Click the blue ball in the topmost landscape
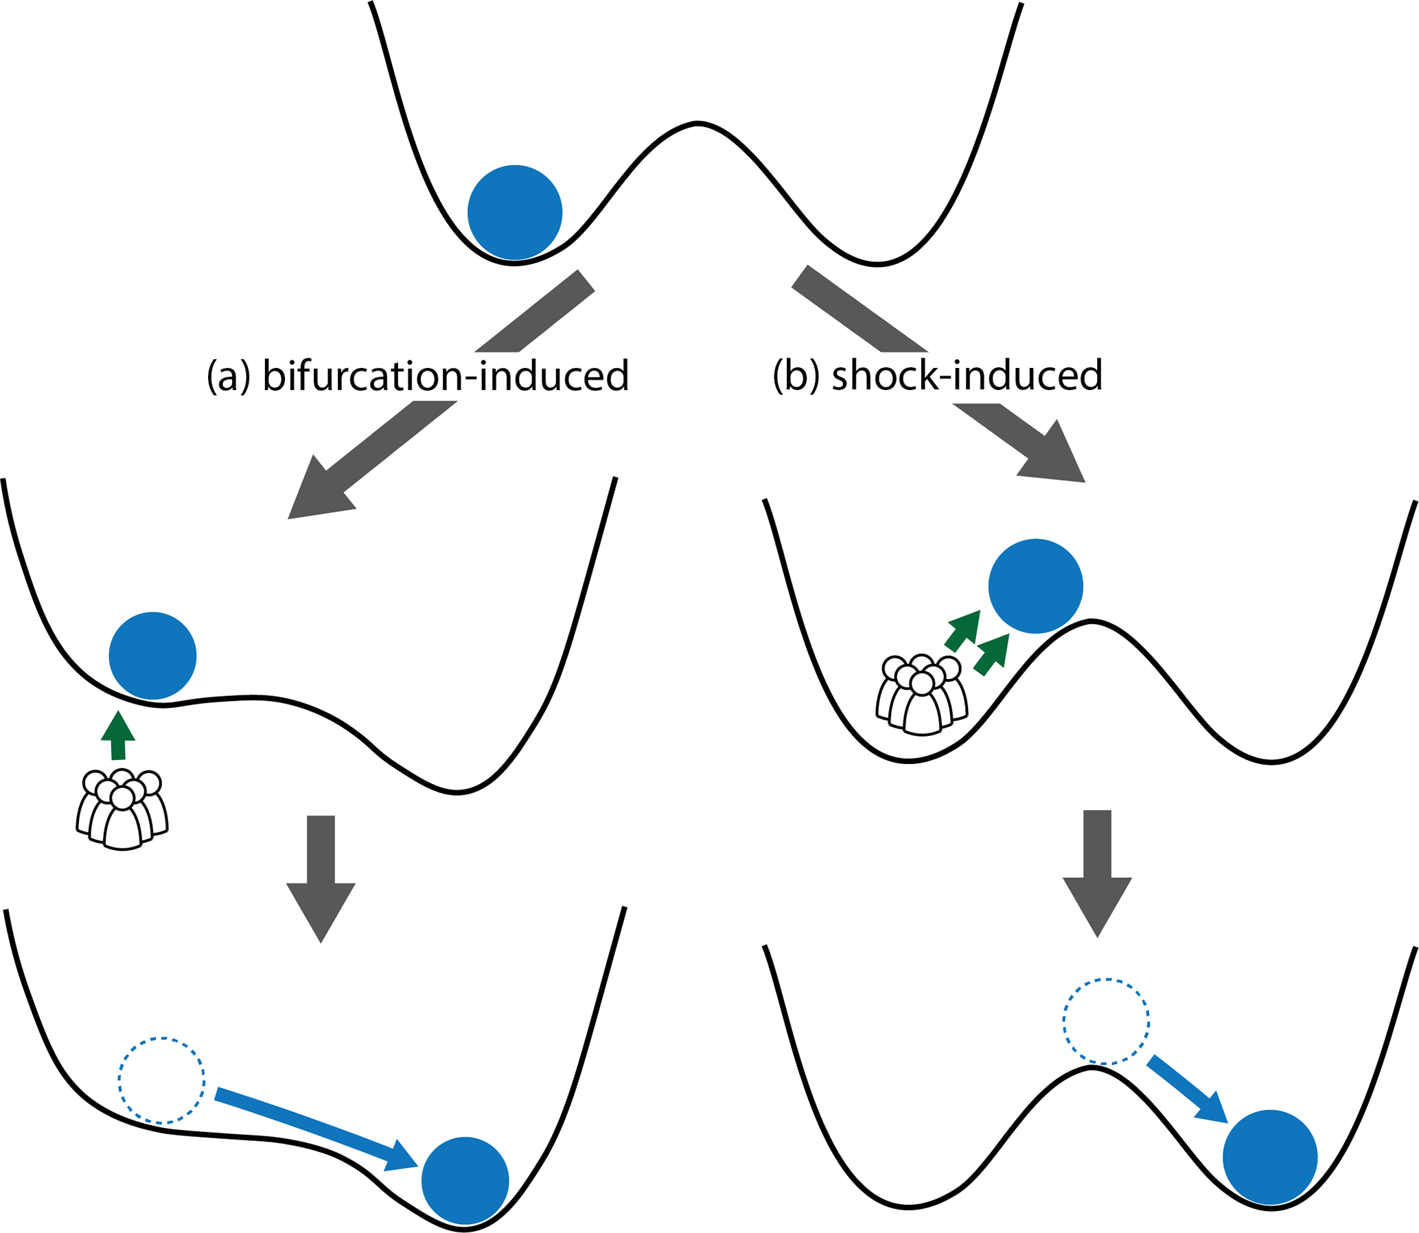coord(515,213)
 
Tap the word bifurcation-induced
coord(446,376)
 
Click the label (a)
coord(229,376)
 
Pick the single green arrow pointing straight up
coord(117,735)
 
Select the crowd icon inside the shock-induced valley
coord(921,695)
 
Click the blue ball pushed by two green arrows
coord(1036,586)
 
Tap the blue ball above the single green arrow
coord(153,655)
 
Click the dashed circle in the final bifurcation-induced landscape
coord(162,1080)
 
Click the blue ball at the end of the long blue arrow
coord(465,1180)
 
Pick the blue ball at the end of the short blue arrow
coord(1269,1157)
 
